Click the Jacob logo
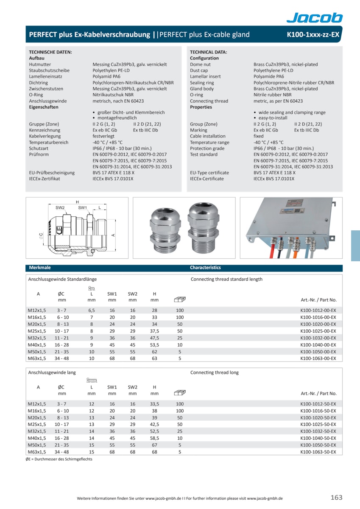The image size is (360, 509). point(314,17)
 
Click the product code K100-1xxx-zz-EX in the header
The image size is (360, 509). point(313,35)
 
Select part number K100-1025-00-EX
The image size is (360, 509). point(318,331)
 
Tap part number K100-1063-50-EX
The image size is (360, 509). point(318,452)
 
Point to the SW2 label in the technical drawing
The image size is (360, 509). point(60,208)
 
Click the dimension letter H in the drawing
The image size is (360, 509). point(77,202)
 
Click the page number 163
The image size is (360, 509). point(336,498)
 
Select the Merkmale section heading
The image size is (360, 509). point(40,268)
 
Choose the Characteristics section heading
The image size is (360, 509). point(205,268)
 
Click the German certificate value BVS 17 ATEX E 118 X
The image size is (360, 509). point(114,173)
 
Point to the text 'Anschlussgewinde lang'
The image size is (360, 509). point(52,372)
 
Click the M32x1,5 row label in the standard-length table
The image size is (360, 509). point(37,338)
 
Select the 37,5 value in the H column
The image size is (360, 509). point(154,331)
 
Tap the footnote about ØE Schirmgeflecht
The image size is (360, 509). point(59,459)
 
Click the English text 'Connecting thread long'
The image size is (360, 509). point(215,372)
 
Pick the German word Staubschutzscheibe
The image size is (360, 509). point(49,70)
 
